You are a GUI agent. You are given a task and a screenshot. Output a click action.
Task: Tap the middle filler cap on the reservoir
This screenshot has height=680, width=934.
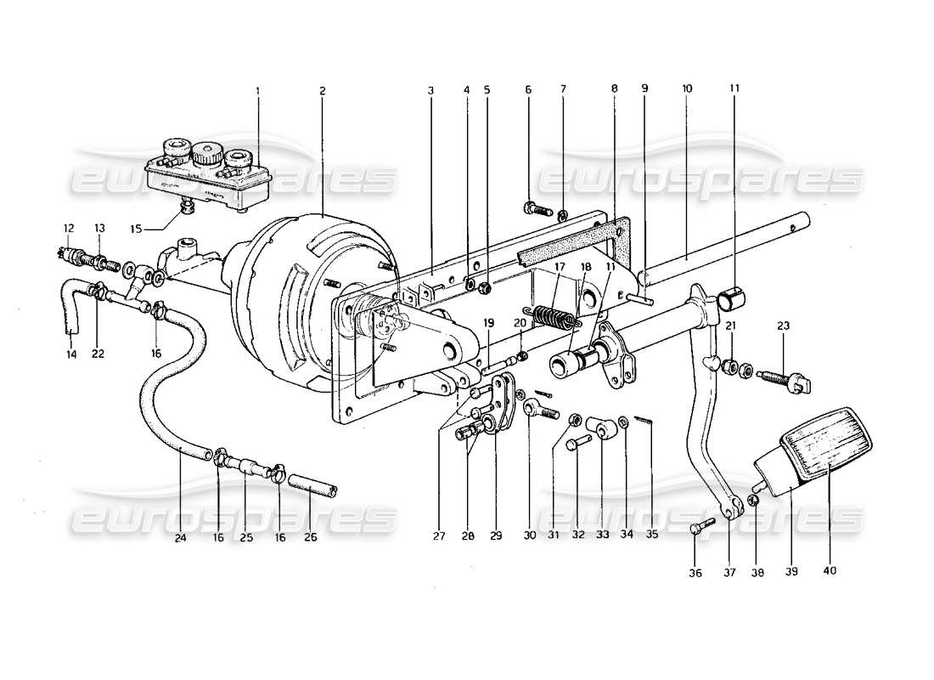[x=204, y=154]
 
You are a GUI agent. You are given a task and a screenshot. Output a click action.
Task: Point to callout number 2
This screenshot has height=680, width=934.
[x=323, y=90]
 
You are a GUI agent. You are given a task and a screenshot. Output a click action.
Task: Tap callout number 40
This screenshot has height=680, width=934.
[x=830, y=570]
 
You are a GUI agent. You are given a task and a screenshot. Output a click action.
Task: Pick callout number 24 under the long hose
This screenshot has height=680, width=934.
[x=181, y=536]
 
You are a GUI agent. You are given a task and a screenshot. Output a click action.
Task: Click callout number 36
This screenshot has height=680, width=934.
[x=695, y=574]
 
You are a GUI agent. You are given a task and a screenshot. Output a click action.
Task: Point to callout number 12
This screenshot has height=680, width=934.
[x=69, y=228]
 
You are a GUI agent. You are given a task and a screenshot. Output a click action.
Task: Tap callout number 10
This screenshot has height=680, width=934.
[x=686, y=90]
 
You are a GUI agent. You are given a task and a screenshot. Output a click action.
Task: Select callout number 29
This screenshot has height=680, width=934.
[x=496, y=536]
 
